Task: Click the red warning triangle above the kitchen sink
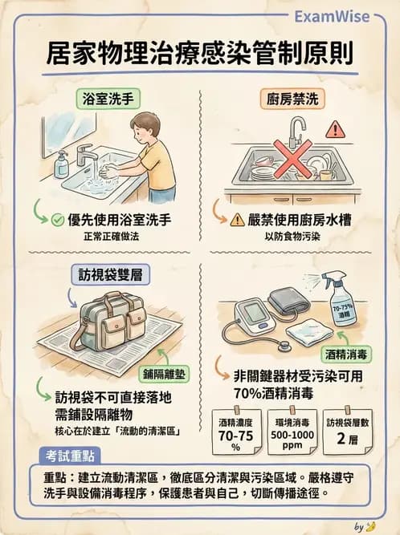[x=335, y=128]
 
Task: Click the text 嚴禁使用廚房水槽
[x=301, y=219]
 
